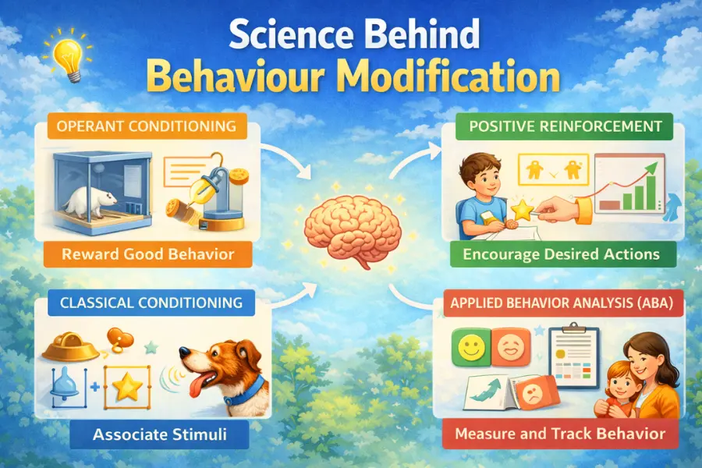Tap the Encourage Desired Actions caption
(560, 254)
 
